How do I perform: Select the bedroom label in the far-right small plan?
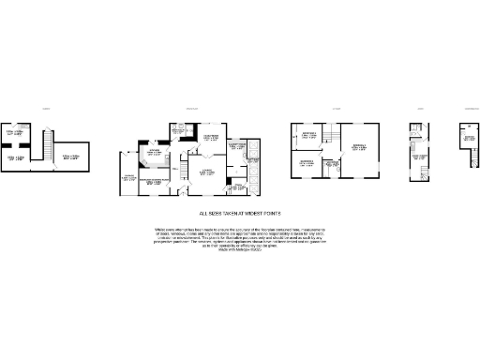click(x=469, y=142)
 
